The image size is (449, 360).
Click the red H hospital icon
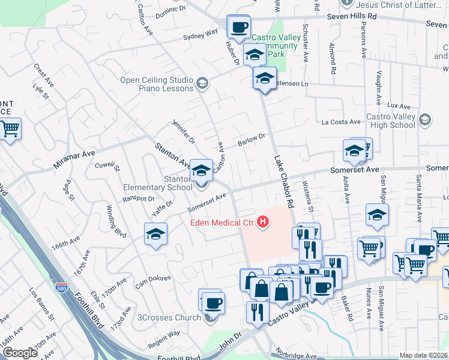coord(262,223)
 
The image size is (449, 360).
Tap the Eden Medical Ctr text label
coord(220,223)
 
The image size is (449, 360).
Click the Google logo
coord(20,353)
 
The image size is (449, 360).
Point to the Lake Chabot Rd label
coord(283,182)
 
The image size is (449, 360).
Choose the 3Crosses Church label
coord(170,317)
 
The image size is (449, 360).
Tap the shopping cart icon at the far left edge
coord(9,129)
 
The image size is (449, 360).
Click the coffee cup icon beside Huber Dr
coord(239,27)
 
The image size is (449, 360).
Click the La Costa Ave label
coord(341,122)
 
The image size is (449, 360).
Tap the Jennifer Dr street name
coord(183,131)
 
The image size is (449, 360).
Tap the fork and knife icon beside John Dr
coord(258,312)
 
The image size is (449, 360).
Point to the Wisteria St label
coord(308,196)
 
